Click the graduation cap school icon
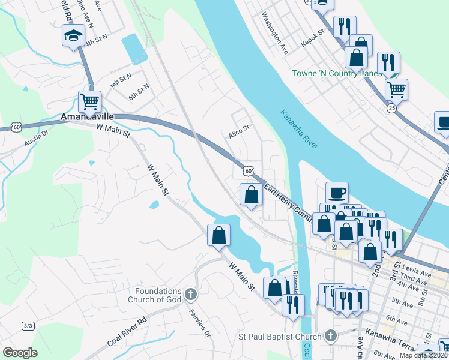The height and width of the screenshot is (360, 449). coord(73,36)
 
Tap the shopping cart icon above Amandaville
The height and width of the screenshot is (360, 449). coord(89,103)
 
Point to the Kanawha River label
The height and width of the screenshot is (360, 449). coord(298,129)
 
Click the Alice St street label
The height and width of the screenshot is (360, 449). coord(238,136)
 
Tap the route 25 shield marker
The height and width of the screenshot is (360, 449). coord(391,108)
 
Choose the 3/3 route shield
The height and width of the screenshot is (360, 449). coord(28,326)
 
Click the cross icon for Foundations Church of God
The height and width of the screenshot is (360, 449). coord(190,294)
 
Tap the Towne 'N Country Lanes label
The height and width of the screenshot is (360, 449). coord(336,73)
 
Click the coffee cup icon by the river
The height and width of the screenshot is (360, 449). coord(337,193)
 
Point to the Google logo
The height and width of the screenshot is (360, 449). coord(20,352)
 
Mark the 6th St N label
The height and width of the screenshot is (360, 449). coord(139,92)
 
